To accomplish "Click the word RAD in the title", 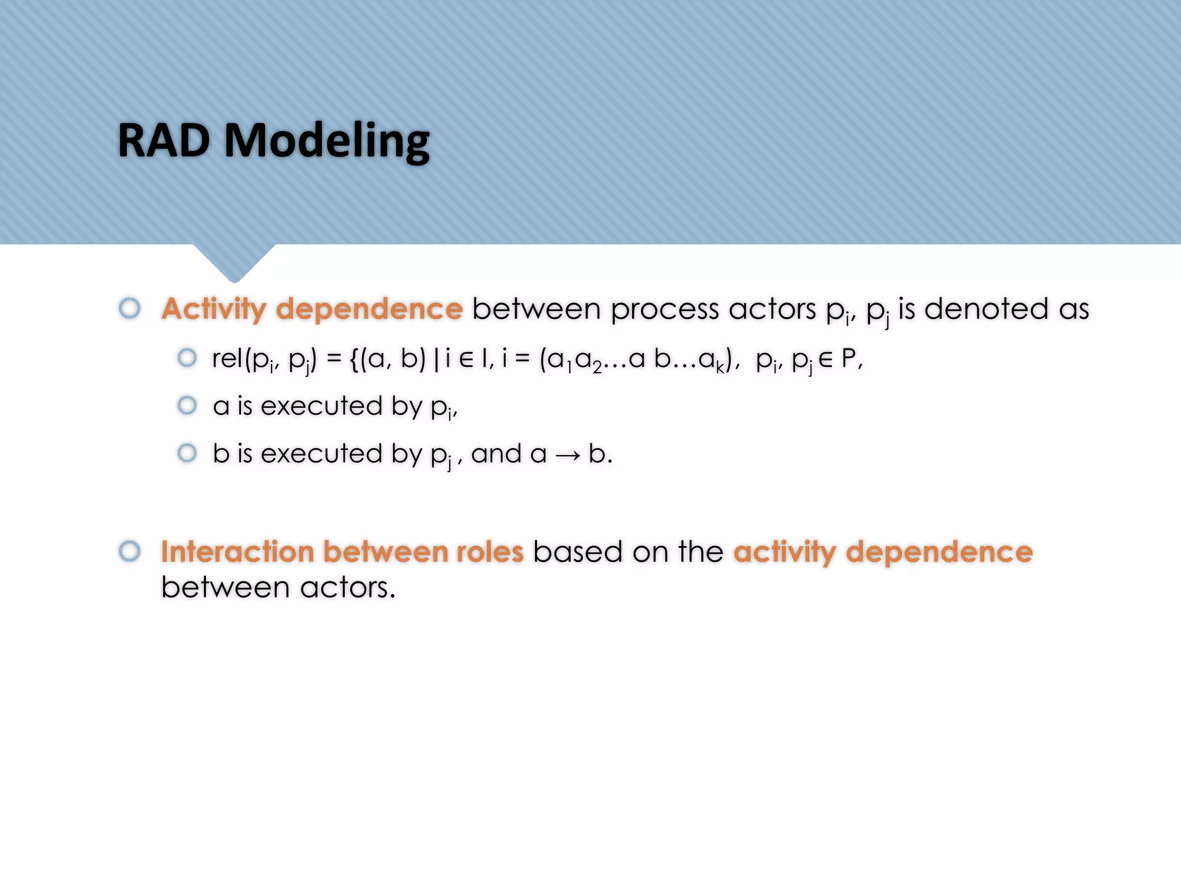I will (164, 141).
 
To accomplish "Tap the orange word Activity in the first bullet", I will (213, 310).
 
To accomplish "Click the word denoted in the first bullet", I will (986, 309).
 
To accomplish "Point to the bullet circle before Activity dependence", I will (130, 308).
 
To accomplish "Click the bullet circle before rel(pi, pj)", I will (187, 358).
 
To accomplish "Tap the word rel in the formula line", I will (227, 358).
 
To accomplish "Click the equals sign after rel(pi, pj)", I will (334, 358).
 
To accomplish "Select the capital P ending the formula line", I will (848, 358).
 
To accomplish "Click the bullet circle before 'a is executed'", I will (187, 406).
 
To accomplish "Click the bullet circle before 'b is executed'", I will (187, 453).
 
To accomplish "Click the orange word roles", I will (490, 551).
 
